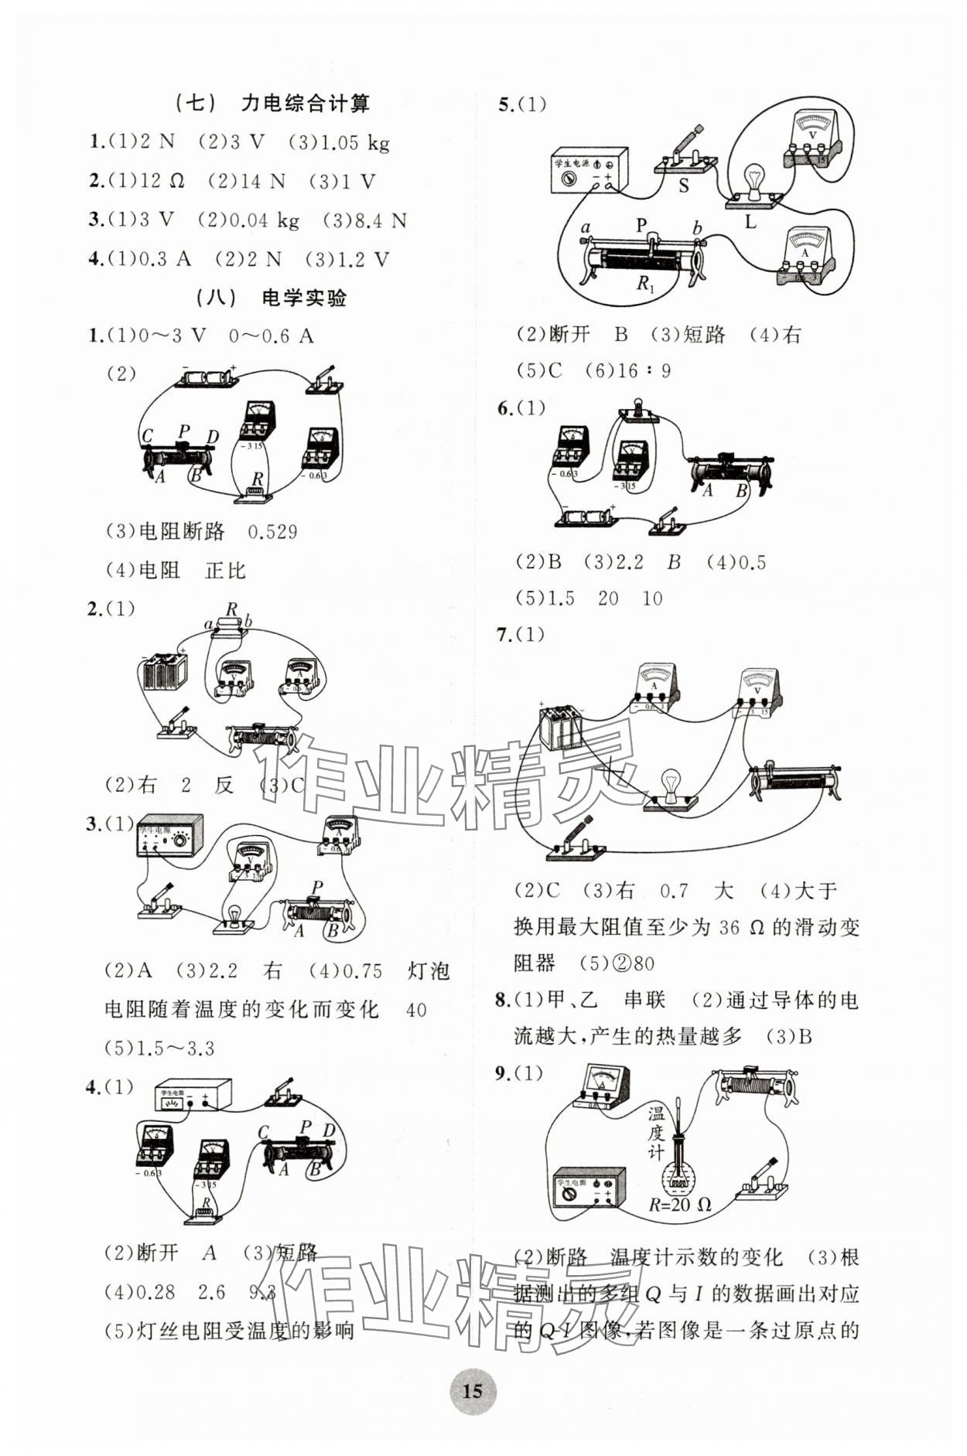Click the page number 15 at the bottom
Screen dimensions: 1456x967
point(472,1391)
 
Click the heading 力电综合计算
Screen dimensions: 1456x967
point(306,103)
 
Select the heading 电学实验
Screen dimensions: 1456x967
point(305,298)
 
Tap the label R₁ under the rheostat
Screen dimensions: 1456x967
point(645,283)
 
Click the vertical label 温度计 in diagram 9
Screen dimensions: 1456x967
point(655,1133)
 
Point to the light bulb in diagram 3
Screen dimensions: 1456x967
point(233,917)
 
